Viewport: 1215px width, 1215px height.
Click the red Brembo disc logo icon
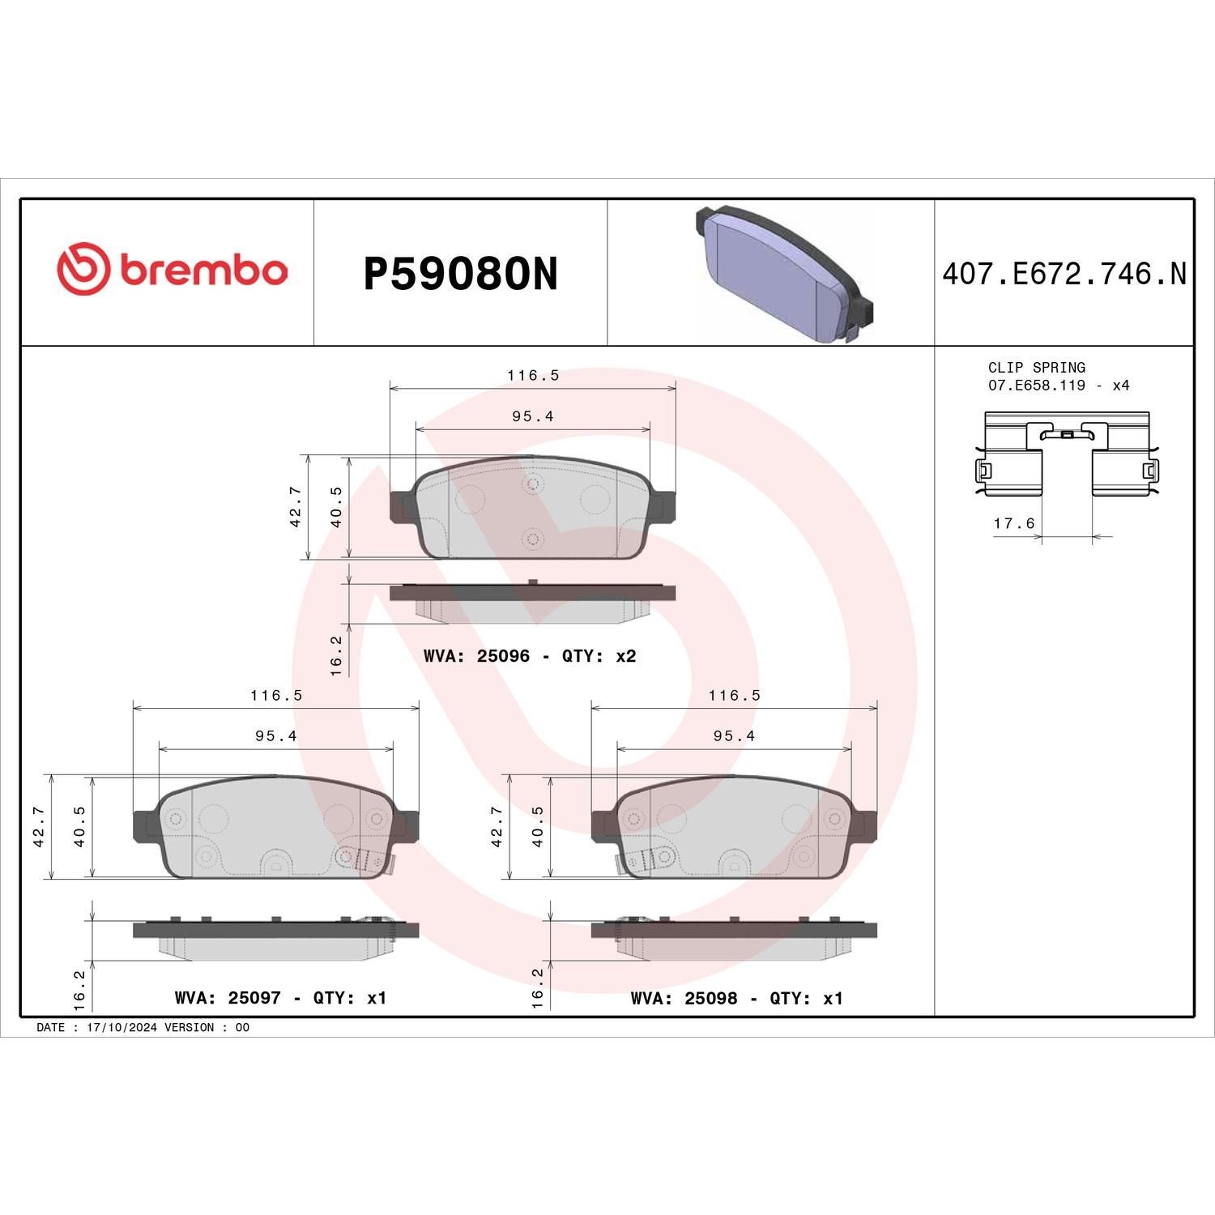click(83, 269)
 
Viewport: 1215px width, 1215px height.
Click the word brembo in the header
click(204, 271)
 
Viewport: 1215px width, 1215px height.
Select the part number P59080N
click(460, 274)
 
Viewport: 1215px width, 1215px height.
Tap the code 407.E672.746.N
click(1064, 274)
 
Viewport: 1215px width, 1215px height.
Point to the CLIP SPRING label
click(1036, 367)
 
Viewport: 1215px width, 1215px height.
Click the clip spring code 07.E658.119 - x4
click(1058, 386)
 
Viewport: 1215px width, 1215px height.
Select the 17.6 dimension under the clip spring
click(1014, 523)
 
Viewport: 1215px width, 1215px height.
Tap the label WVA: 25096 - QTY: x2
click(530, 656)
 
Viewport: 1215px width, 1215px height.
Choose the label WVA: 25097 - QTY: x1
click(280, 998)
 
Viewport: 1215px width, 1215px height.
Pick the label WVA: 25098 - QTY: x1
click(736, 998)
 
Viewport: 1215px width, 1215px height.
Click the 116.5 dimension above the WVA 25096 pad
click(533, 375)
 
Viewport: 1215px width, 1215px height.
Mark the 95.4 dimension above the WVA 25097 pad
click(275, 735)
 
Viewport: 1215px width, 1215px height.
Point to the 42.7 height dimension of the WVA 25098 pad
click(497, 826)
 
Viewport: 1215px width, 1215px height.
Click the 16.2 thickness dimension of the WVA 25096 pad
click(336, 654)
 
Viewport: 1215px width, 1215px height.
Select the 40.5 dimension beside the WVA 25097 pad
click(79, 826)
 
